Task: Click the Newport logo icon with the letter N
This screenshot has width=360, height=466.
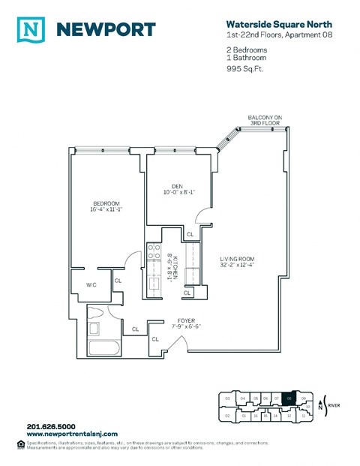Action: pyautogui.click(x=28, y=29)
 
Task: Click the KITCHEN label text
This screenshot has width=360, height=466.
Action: pyautogui.click(x=172, y=265)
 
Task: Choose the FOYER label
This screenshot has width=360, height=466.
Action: pyautogui.click(x=187, y=323)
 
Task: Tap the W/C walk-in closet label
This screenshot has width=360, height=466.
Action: pyautogui.click(x=91, y=284)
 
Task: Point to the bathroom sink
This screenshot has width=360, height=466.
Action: pyautogui.click(x=95, y=329)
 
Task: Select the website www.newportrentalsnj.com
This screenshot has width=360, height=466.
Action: pyautogui.click(x=74, y=434)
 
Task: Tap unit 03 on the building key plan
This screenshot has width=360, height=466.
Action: pyautogui.click(x=227, y=398)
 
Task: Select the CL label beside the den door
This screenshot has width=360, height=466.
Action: pyautogui.click(x=190, y=234)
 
